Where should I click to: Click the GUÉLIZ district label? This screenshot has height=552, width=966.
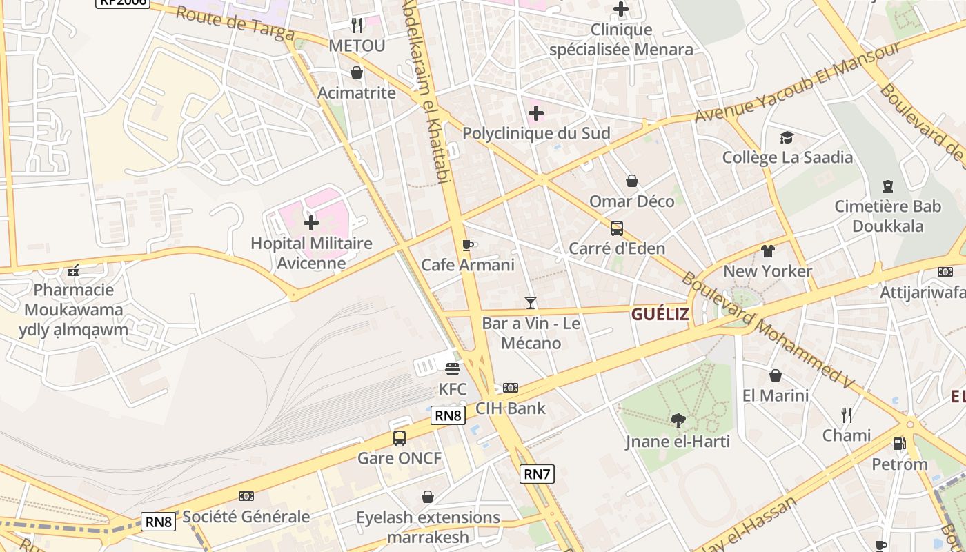point(660,315)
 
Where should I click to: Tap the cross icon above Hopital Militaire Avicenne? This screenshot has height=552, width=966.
point(311,223)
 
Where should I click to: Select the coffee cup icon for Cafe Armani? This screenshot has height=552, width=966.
point(468,245)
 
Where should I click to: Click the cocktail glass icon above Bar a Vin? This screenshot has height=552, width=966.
point(530,302)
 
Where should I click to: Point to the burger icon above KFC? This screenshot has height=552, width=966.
point(453,369)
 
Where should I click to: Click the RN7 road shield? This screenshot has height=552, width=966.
point(537,474)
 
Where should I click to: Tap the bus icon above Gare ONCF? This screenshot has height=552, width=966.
point(399,437)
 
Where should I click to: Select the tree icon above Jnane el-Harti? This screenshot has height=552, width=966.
point(678,420)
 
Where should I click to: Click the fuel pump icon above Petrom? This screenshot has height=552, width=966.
point(899,444)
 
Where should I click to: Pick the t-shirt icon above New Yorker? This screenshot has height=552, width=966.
point(767,250)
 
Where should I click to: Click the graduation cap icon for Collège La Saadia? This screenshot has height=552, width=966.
point(787,137)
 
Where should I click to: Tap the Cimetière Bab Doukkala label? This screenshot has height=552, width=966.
point(887,216)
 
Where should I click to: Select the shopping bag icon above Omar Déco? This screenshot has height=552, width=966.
point(631,181)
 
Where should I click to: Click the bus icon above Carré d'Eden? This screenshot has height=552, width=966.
point(616,228)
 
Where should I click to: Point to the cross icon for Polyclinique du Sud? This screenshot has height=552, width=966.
point(535,112)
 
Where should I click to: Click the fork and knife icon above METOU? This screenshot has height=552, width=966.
point(356,26)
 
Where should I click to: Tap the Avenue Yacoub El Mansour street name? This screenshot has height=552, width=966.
point(797,83)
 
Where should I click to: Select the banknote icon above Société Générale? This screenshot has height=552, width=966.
point(246,496)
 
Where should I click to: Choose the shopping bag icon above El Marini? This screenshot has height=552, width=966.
point(776,375)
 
